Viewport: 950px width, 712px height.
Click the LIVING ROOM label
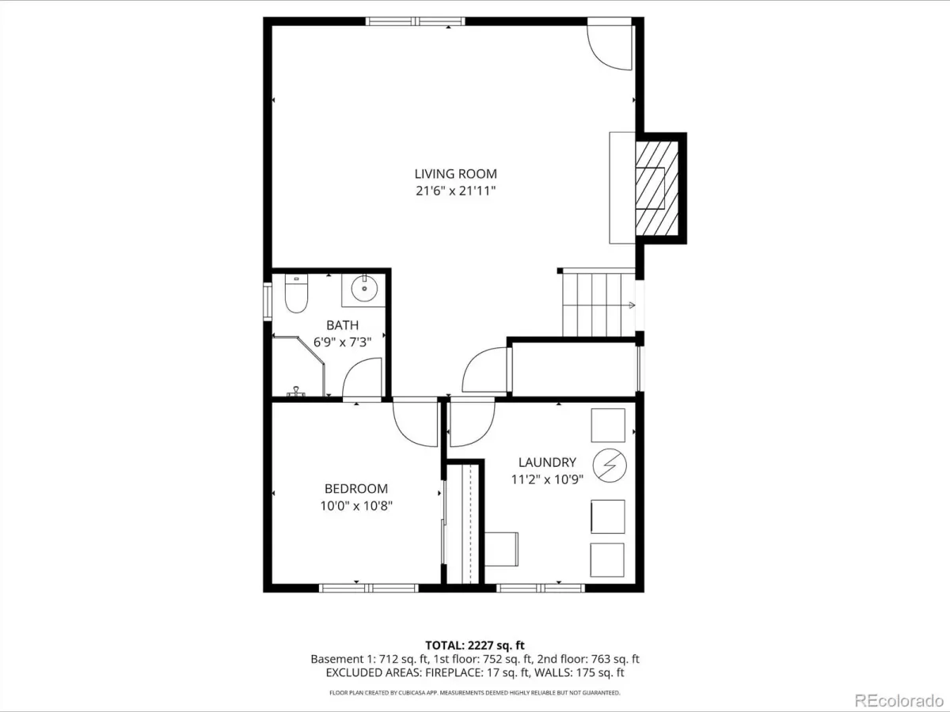455,174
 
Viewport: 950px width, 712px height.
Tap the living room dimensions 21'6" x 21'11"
455,191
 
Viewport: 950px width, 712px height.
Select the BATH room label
342,324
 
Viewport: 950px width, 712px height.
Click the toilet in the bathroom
296,293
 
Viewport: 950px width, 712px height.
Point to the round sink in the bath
364,288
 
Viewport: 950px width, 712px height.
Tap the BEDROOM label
355,488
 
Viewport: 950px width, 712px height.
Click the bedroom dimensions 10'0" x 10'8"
355,506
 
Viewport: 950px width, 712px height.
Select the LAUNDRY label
547,462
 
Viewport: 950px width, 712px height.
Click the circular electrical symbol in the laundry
610,466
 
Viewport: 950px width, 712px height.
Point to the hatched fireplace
656,188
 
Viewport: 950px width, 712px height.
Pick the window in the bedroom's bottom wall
369,588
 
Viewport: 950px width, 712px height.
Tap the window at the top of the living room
416,21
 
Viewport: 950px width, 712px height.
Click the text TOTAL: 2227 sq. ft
475,646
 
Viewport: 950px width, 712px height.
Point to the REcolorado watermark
899,700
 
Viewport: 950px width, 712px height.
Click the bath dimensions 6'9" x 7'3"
342,343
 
